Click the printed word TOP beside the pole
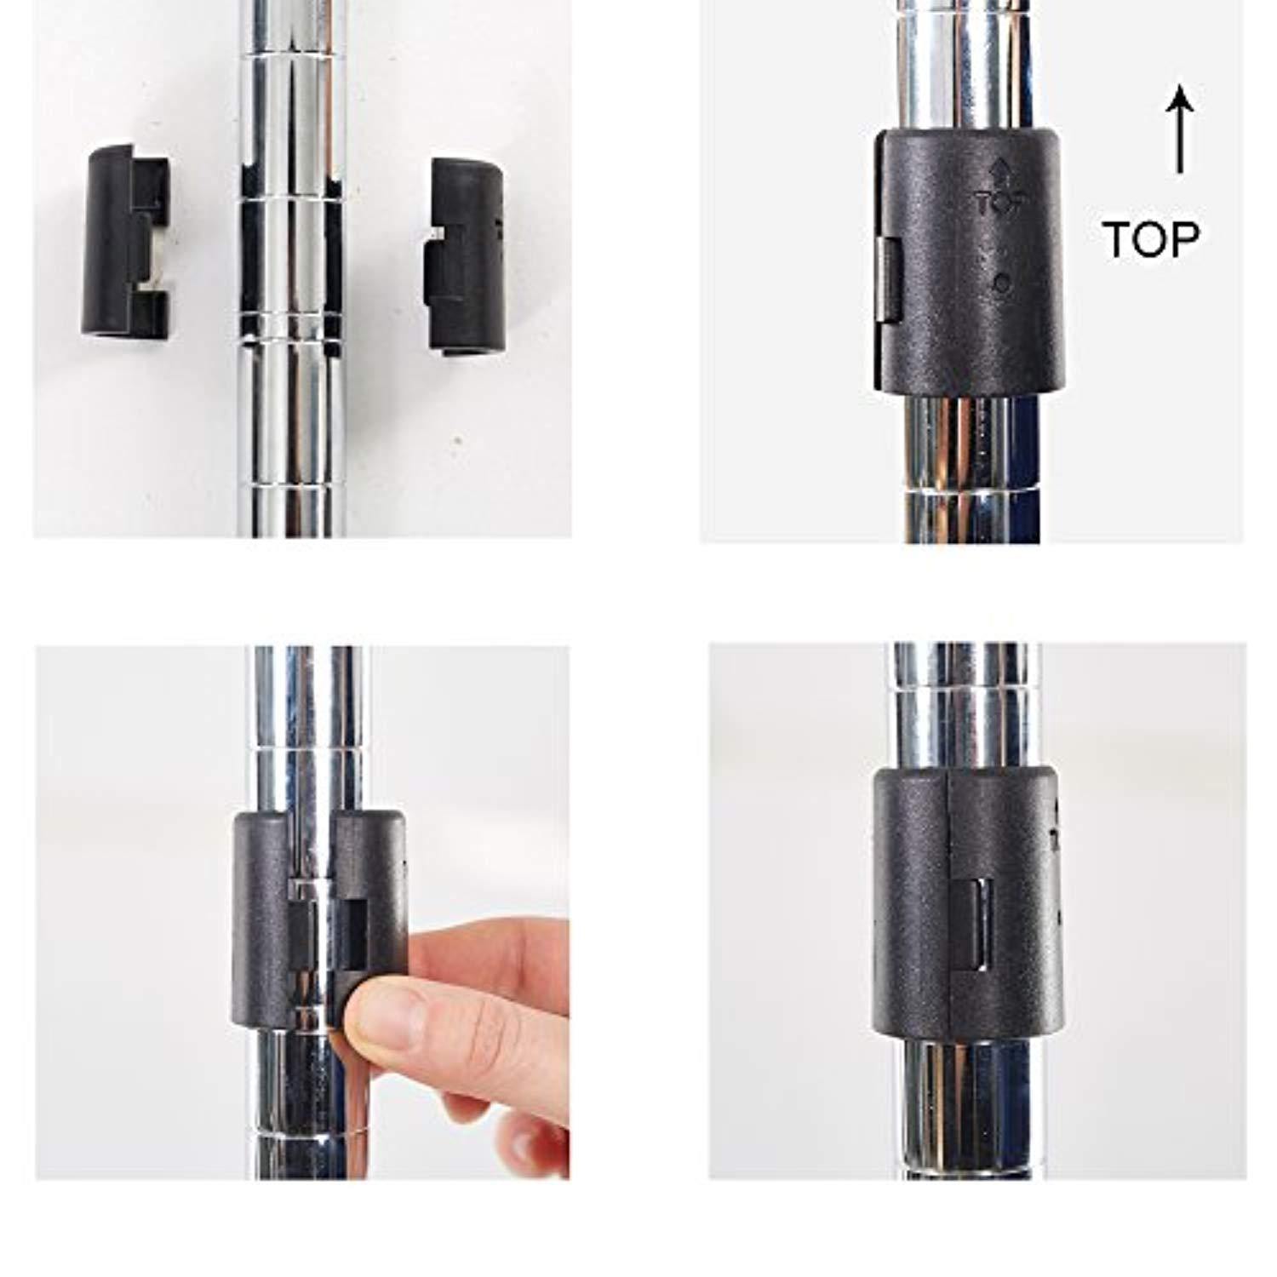[x=1151, y=239]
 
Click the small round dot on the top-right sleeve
[x=1003, y=283]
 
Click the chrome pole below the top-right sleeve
[x=971, y=468]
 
